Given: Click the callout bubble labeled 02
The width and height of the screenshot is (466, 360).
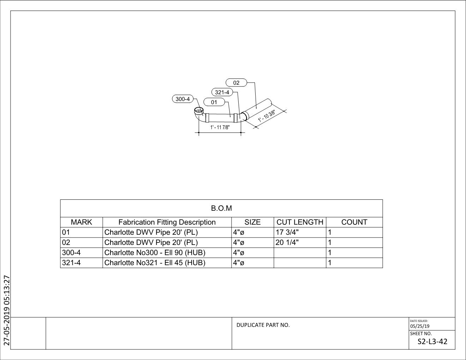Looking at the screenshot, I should pos(236,83).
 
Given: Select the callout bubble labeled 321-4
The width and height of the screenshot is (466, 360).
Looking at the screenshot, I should pos(222,92).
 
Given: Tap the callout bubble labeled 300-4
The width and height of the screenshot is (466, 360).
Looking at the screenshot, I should pos(183,99).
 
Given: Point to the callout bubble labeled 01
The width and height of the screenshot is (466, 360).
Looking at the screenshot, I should pos(214,102).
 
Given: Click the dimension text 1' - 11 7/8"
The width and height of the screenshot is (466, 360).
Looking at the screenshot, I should pos(220,127).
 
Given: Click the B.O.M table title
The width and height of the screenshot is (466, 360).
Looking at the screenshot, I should pos(221,208).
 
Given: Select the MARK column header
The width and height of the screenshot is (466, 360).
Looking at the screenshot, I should pos(81,222).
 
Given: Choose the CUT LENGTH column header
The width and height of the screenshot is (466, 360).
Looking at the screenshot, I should pos(300,222).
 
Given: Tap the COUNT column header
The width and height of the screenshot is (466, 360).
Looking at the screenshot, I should pos(354,222).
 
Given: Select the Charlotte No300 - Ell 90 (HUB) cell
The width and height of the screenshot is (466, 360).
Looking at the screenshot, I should pos(155,253).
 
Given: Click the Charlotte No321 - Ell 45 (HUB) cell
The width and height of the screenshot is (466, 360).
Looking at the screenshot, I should pos(155,263).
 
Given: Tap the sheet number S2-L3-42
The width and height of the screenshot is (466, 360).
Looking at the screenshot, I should pos(432,342).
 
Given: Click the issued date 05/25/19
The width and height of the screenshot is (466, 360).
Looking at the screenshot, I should pos(420,326).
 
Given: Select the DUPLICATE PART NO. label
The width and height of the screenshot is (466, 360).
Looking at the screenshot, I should pos(263,325).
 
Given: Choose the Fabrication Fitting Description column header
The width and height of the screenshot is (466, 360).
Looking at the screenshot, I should pos(167,222).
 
